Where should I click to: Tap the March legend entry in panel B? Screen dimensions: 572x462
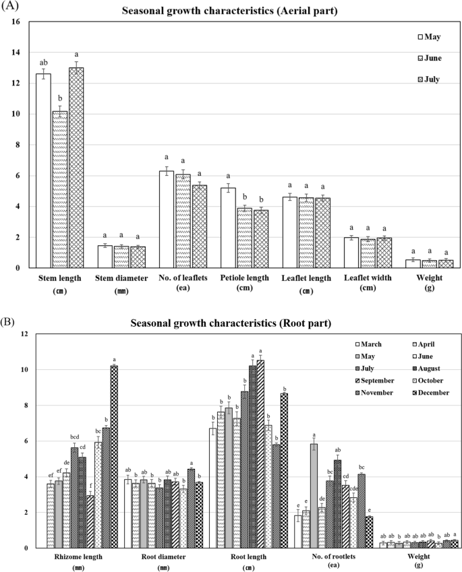pos(372,345)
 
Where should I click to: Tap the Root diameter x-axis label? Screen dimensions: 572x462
pos(158,557)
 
